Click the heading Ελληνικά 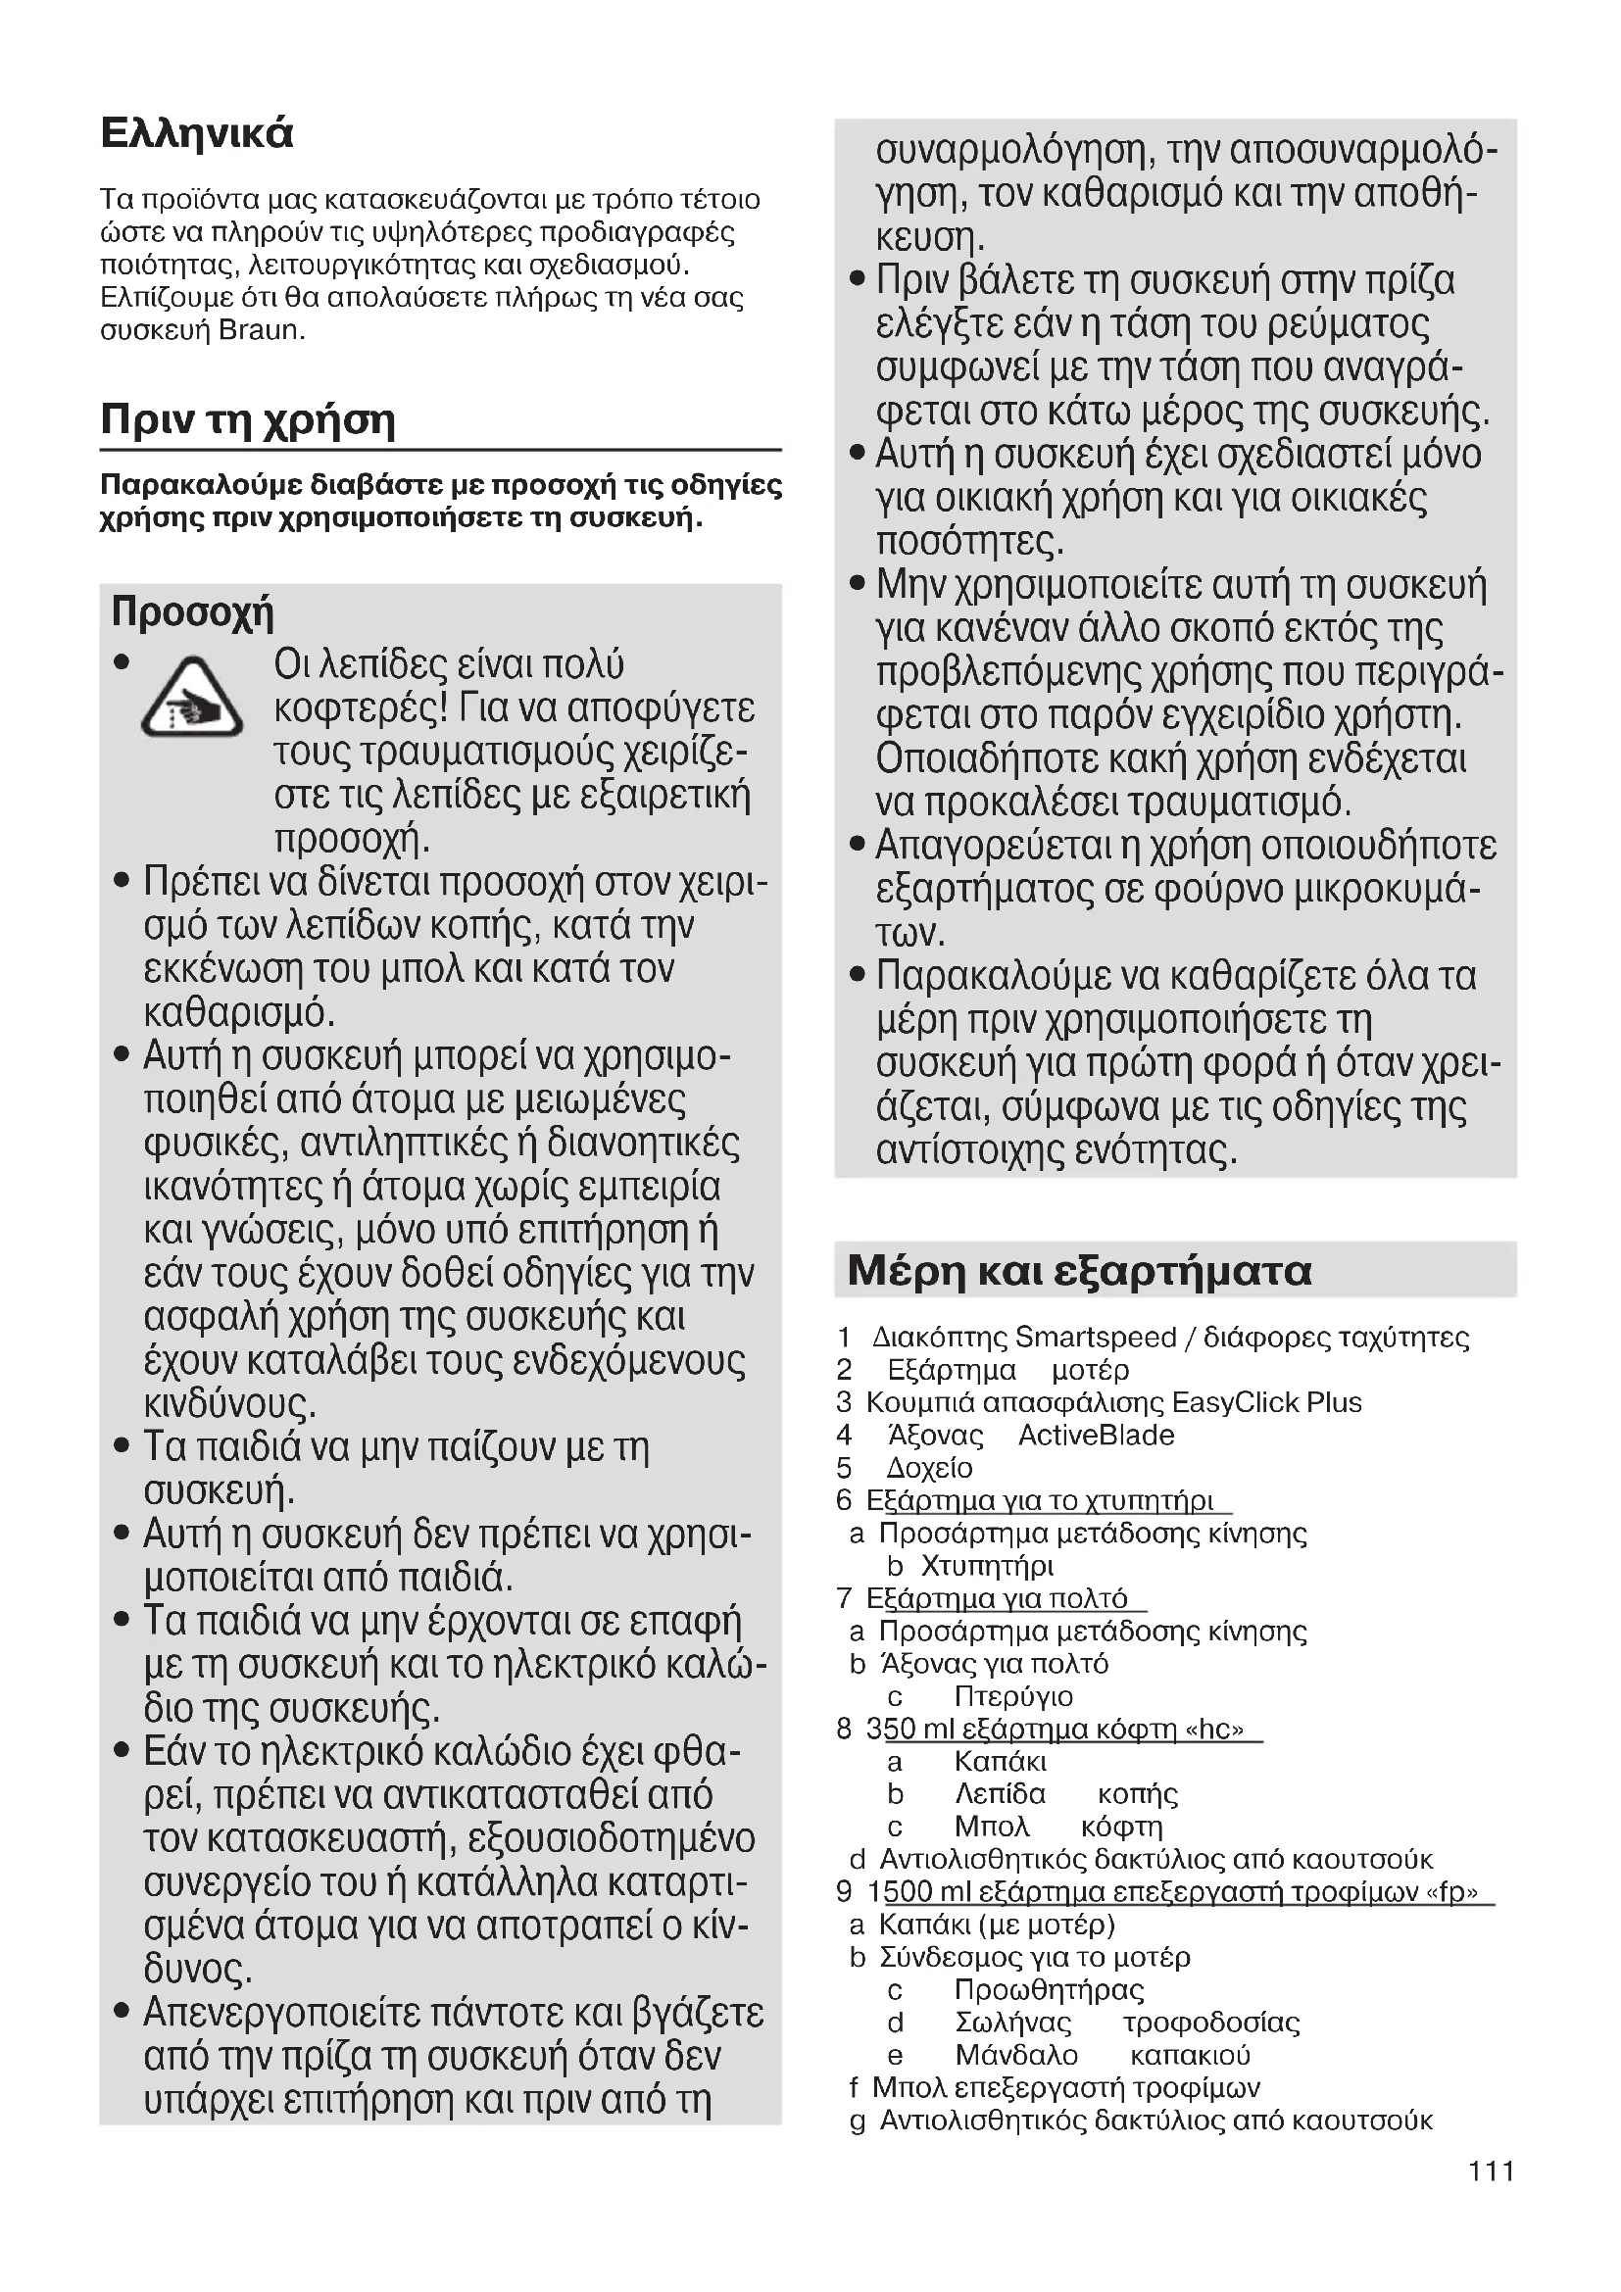tap(197, 132)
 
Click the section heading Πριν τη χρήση tap(248, 420)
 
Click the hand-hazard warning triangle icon tap(191, 700)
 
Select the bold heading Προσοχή tap(192, 610)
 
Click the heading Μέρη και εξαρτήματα tap(1079, 1271)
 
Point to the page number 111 tap(1492, 2170)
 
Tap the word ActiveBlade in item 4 tap(1096, 1436)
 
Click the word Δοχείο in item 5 tap(929, 1469)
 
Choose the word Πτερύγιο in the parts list tap(1013, 1696)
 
